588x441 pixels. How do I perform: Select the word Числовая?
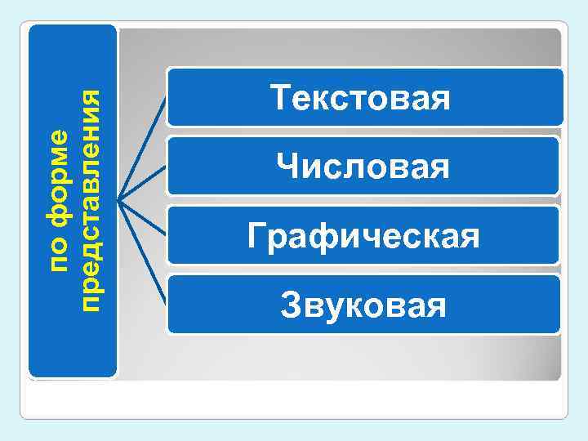click(x=363, y=167)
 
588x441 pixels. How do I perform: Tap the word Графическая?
click(x=363, y=237)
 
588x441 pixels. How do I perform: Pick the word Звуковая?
click(x=363, y=306)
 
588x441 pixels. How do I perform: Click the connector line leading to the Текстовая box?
click(x=143, y=146)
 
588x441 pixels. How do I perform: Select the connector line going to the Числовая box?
click(x=143, y=181)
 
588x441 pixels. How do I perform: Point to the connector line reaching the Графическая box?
click(x=143, y=217)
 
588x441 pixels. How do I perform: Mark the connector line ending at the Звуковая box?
click(x=143, y=253)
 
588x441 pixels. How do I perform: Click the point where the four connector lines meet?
click(x=118, y=198)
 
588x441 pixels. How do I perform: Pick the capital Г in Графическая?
click(x=255, y=237)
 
